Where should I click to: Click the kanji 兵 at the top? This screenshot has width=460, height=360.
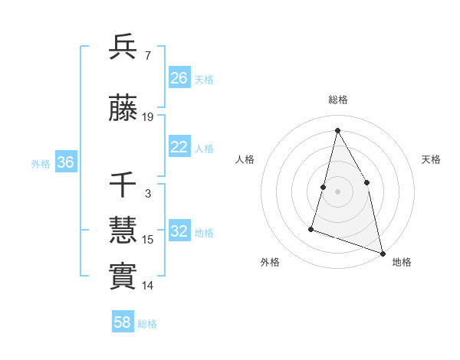coord(123,47)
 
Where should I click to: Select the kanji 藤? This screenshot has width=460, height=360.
coord(123,110)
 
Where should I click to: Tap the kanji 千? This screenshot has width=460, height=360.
coord(123,185)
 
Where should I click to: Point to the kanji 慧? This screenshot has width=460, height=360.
coord(123,231)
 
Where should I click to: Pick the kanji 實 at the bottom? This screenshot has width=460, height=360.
coord(123,276)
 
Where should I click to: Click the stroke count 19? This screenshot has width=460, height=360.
coord(148,117)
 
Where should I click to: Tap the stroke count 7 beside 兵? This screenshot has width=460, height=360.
coord(148,55)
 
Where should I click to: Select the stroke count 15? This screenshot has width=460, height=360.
coord(148,240)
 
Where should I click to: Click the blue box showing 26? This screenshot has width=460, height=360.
coord(179,78)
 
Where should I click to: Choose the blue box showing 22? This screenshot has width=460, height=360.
coord(179,148)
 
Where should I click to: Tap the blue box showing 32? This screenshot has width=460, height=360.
coord(179,231)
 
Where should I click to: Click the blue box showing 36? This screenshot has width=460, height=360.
coord(65,162)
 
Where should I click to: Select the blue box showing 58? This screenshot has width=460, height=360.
coord(123,323)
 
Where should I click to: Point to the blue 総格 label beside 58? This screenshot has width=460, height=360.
coord(147,324)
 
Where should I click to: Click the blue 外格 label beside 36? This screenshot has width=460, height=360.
coord(41,163)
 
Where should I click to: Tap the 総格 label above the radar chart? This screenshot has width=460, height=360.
coord(338,100)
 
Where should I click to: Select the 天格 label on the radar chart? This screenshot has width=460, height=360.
coord(431,159)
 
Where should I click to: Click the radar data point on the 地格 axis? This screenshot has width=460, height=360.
coord(383,252)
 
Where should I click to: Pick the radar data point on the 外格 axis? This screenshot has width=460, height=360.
coord(311,228)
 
